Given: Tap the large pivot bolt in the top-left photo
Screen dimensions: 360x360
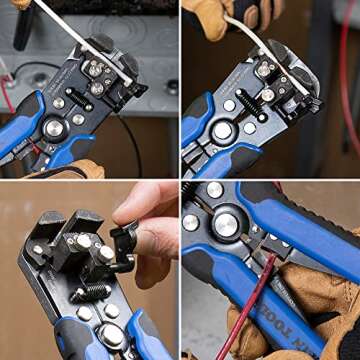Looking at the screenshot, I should (x=54, y=128).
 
